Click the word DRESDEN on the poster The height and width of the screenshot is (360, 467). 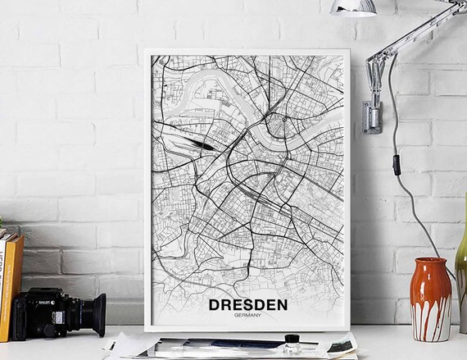247,305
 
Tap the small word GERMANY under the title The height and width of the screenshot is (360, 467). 247,317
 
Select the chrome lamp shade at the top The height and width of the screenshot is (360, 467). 352,7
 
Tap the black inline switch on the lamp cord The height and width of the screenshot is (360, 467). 397,164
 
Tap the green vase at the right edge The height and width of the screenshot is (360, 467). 461,279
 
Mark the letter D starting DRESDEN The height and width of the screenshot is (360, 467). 215,305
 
